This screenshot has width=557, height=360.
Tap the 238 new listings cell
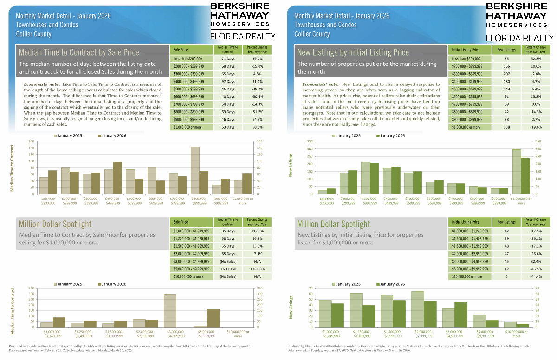coord(506,127)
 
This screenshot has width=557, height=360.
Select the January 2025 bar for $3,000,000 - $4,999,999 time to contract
coord(170,310)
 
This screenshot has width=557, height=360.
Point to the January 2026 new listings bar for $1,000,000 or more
coord(525,175)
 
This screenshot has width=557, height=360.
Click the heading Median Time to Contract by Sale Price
coord(79,52)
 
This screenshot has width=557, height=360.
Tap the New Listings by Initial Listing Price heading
coord(353,52)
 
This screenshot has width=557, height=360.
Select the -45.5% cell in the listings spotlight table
coord(536,269)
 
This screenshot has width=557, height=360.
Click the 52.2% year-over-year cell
coord(536,59)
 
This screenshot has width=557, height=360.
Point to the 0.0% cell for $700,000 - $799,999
coord(536,104)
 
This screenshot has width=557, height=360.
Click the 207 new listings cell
coord(506,74)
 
